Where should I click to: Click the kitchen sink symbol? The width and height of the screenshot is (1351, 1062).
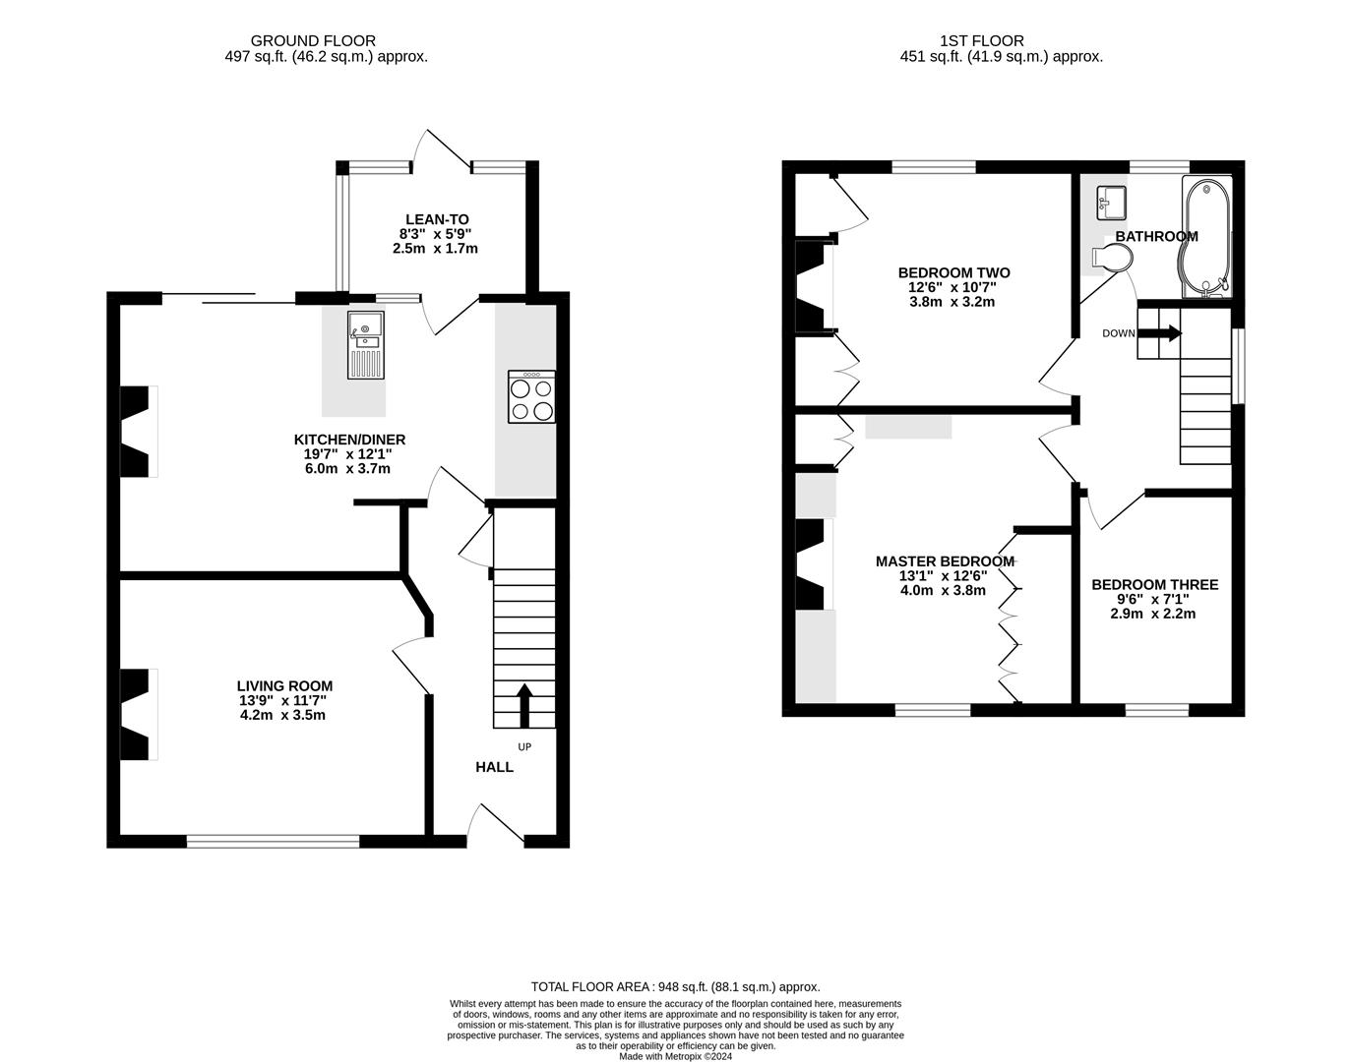366,345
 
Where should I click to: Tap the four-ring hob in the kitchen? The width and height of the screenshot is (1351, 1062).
531,397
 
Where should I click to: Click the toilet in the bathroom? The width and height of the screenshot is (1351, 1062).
1112,258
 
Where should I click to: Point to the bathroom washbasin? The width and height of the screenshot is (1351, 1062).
1110,202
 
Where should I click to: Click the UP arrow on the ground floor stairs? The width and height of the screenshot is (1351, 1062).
523,704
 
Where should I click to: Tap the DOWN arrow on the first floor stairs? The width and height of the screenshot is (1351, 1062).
1160,333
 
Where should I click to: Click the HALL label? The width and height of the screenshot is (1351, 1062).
494,767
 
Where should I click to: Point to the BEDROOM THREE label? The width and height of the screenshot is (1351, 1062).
1154,584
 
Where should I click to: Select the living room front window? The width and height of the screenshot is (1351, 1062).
273,841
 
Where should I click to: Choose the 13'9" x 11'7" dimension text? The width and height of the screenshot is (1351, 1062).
283,700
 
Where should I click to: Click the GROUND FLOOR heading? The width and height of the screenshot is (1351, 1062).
313,40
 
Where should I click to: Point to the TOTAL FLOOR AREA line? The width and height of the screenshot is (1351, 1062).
675,986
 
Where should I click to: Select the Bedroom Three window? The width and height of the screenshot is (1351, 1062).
1155,709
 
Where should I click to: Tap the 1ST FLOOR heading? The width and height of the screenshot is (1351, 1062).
981,40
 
